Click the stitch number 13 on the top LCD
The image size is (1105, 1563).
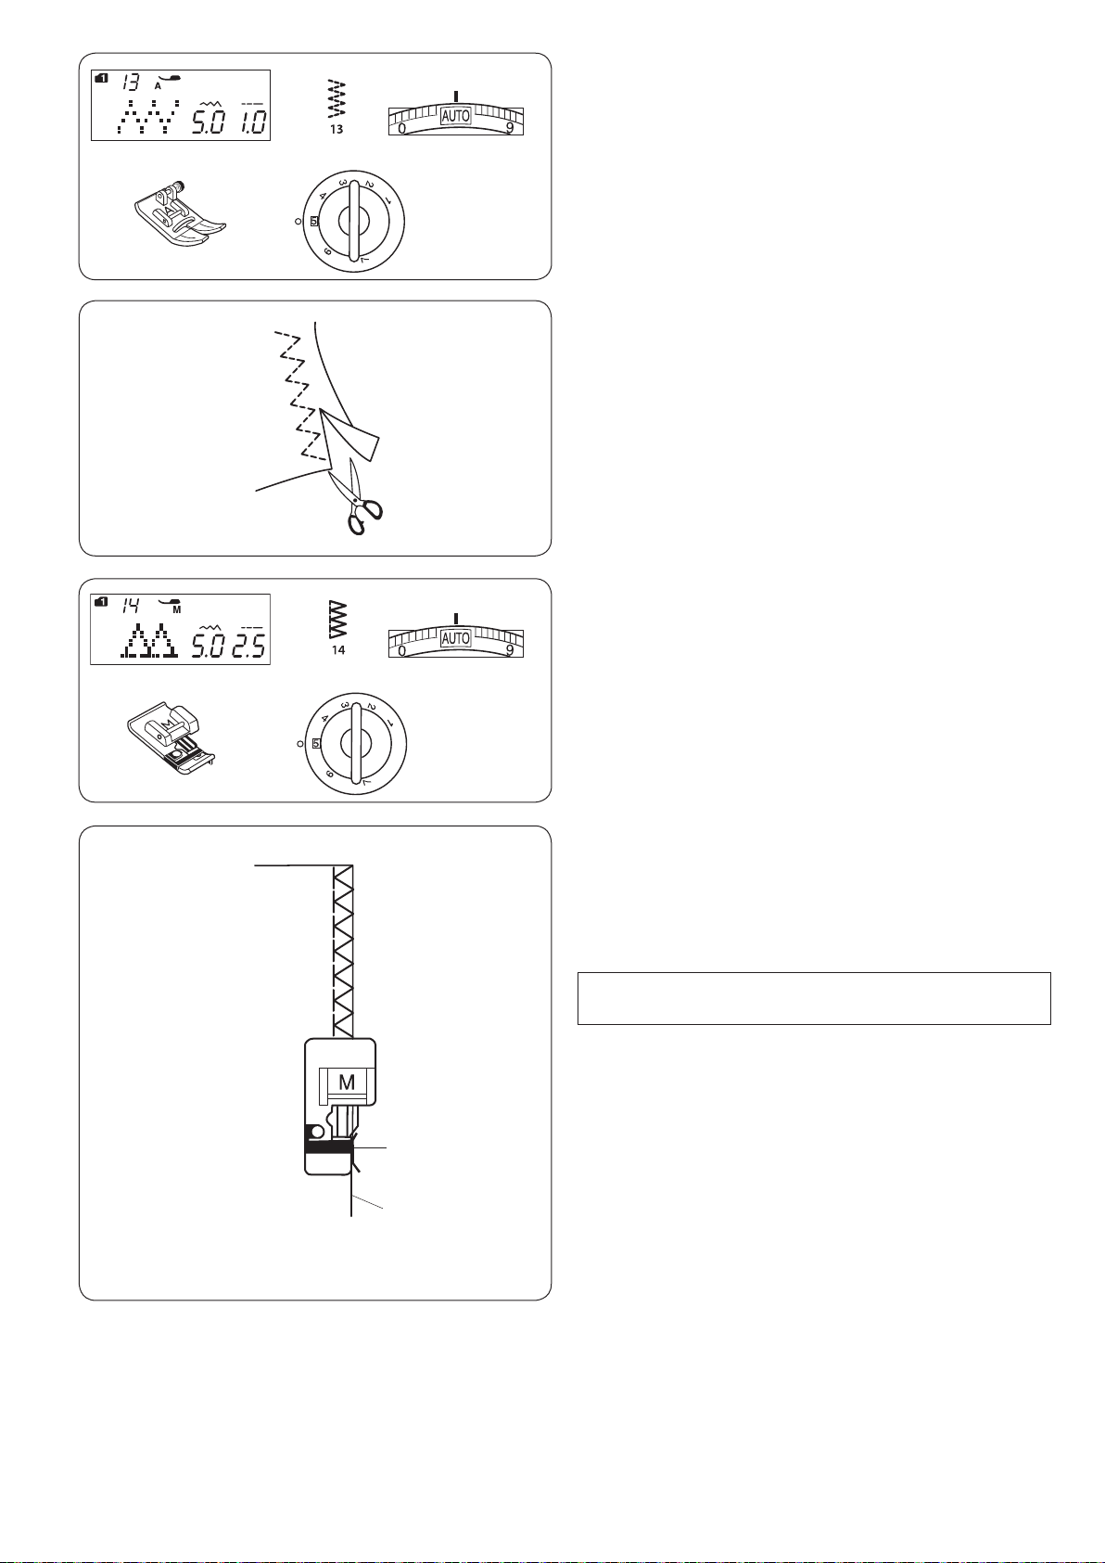pos(130,83)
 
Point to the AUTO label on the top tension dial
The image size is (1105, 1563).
pos(456,116)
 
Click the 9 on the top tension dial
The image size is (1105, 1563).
pos(510,128)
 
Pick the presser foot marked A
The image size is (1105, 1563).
pos(179,215)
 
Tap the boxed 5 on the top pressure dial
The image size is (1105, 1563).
pos(314,221)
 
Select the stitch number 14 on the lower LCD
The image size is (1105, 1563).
pos(131,606)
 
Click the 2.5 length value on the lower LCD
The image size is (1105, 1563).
pos(249,646)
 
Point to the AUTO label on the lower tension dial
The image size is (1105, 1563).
pos(456,638)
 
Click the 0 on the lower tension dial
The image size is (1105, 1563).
pos(401,651)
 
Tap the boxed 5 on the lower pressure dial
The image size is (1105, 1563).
pos(316,743)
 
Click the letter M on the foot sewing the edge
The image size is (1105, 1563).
pos(347,1083)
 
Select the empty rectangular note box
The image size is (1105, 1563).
pos(814,998)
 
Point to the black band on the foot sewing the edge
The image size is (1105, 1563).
pos(326,1147)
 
